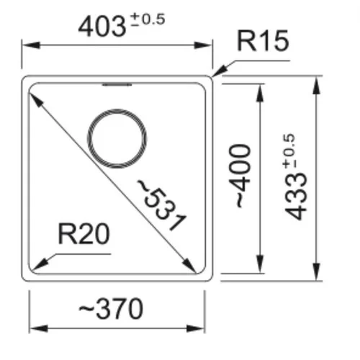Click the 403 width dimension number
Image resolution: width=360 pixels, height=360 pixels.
(102, 26)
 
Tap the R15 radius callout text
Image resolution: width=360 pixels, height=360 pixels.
(263, 40)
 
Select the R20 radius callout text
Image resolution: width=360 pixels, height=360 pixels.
(84, 233)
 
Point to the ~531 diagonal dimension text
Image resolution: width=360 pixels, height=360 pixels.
(161, 205)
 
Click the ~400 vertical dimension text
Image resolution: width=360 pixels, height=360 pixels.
(240, 176)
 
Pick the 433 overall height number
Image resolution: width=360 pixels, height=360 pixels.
(296, 196)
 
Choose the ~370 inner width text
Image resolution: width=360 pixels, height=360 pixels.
(111, 308)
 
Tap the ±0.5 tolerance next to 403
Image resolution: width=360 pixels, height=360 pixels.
(148, 19)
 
